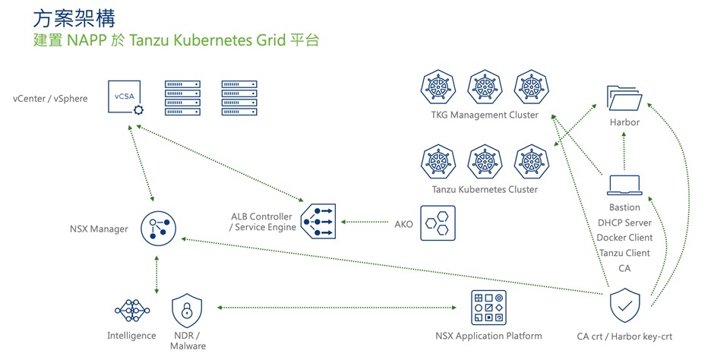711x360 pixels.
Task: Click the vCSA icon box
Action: click(x=125, y=97)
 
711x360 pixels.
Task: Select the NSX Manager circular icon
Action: click(x=158, y=228)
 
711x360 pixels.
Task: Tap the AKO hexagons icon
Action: click(x=438, y=223)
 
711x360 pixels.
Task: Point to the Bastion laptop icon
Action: click(x=624, y=185)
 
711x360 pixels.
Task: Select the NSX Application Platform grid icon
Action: click(x=488, y=308)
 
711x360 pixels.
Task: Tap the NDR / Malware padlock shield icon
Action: click(x=187, y=308)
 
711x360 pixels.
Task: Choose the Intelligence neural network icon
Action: click(x=131, y=309)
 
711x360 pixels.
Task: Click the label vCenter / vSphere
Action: click(x=50, y=99)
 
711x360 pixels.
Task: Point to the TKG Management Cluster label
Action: click(x=479, y=115)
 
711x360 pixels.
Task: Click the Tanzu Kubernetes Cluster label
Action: click(x=479, y=189)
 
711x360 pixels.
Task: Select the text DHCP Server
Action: click(x=624, y=223)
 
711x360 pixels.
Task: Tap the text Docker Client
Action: click(x=624, y=238)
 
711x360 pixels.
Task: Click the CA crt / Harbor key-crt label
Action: click(x=624, y=336)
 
